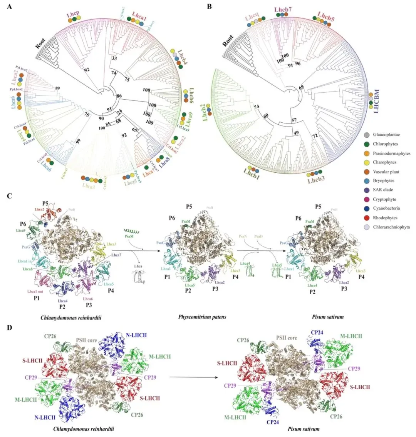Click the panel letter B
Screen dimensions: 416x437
209,7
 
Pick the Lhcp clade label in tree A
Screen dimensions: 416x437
73,15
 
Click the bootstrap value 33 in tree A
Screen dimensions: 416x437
114,59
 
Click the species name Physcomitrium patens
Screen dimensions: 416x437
202,317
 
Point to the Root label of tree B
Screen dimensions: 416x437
228,40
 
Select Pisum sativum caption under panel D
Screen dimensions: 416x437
304,429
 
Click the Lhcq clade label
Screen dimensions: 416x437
253,16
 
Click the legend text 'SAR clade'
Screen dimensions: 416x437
383,190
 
